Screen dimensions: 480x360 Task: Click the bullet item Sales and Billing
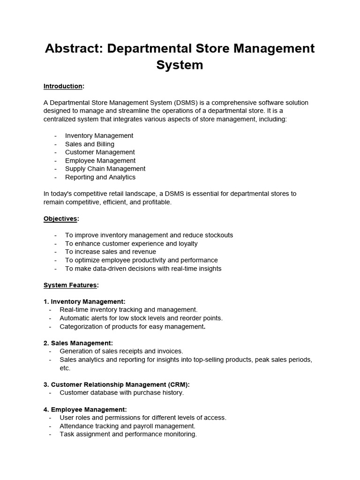(90, 144)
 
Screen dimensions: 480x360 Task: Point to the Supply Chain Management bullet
(105, 169)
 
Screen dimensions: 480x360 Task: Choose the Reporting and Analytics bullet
(100, 177)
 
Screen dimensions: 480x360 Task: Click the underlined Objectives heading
(60, 218)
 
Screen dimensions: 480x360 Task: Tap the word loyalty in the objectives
(187, 244)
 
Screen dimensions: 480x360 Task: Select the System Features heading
(70, 285)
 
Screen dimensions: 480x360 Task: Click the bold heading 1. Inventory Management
(84, 301)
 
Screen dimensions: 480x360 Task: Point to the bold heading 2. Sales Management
(78, 343)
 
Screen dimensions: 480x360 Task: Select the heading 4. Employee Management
(85, 409)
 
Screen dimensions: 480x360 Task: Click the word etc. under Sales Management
(65, 368)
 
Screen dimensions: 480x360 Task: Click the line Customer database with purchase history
(121, 393)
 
